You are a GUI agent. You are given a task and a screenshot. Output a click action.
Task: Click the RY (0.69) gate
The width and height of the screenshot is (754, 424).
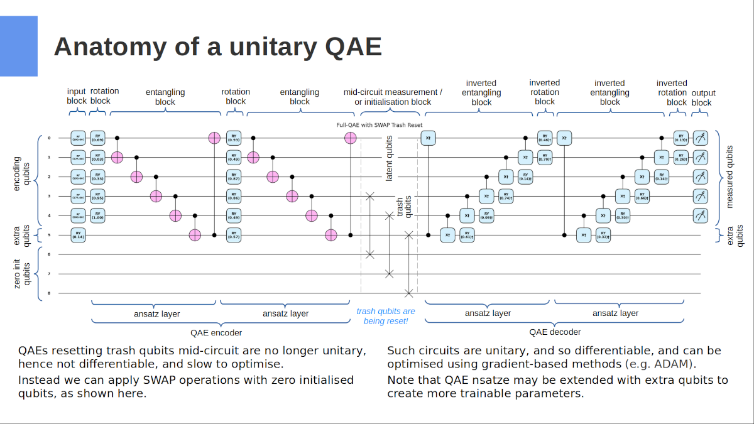click(97, 138)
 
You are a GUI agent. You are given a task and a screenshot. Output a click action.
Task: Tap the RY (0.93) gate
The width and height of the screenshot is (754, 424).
click(233, 138)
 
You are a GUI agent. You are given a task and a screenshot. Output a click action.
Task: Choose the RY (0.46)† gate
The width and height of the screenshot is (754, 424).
click(544, 138)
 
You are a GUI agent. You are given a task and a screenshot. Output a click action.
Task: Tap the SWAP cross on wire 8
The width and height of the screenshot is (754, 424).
click(409, 293)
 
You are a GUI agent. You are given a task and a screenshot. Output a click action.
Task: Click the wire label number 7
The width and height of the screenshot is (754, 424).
click(48, 274)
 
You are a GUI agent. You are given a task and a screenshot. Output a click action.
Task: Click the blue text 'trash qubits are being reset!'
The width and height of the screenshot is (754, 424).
click(386, 316)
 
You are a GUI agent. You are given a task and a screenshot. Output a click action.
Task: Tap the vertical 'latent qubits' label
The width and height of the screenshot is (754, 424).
click(389, 158)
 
